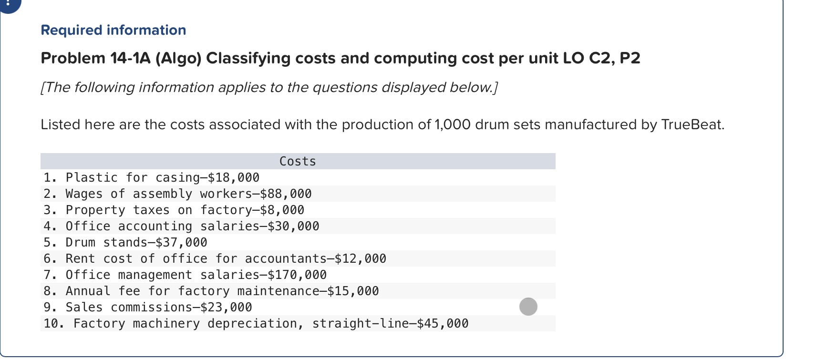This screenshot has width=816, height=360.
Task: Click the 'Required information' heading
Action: click(113, 30)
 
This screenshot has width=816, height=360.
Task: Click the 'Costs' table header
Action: click(298, 161)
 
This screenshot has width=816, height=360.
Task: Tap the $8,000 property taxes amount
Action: click(282, 210)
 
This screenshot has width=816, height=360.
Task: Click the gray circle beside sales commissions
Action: click(528, 307)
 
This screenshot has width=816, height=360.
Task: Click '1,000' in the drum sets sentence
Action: click(453, 124)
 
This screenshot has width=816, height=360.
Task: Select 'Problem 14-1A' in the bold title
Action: click(95, 58)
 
